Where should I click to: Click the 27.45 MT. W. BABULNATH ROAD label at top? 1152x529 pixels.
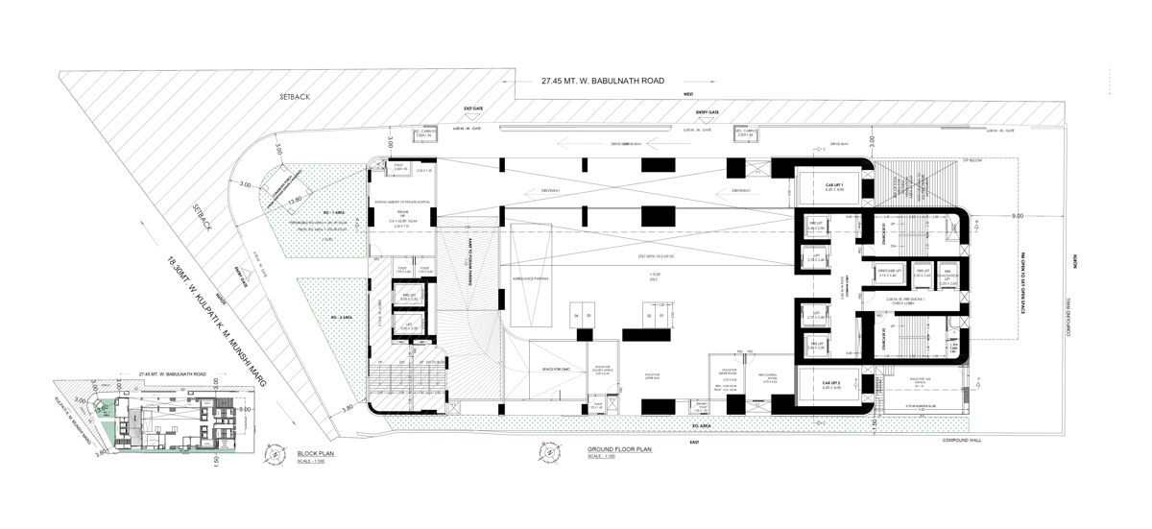[x=603, y=82]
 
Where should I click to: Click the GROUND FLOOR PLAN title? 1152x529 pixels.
[x=619, y=448]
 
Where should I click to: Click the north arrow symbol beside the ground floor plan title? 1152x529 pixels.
[x=534, y=454]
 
